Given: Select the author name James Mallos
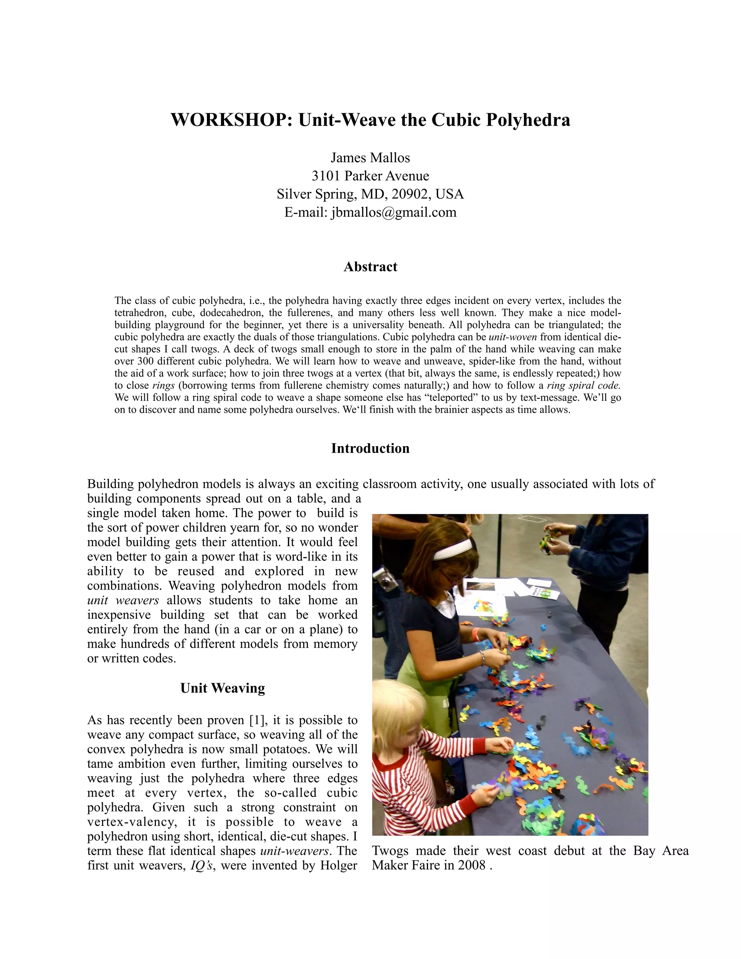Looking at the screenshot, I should coord(370,158).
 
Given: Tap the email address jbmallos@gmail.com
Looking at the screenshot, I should coord(393,212).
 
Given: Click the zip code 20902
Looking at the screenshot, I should coord(409,194).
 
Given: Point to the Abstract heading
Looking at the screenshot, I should coord(370,267).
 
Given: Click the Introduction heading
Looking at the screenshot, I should coord(370,448).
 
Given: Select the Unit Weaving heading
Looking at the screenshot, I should coord(223,688).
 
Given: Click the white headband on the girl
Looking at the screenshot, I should coord(453,550).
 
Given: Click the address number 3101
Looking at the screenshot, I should coord(326,176).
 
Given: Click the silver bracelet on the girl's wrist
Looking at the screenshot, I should coord(482,657).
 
